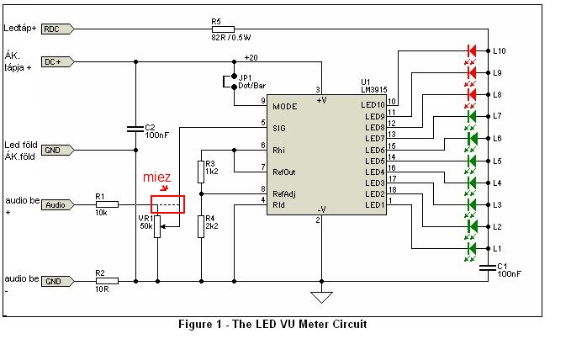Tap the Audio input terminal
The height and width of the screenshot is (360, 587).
(56, 204)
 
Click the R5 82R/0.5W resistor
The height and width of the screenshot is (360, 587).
(216, 29)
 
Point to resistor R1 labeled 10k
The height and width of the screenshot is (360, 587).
(106, 204)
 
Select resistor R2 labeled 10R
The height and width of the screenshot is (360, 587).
(106, 281)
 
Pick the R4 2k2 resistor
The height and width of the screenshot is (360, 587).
(201, 225)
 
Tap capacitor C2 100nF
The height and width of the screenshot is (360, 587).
(135, 129)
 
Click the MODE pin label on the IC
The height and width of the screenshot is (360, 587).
(285, 107)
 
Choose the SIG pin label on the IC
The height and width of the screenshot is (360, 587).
(279, 128)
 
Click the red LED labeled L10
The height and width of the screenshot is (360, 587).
(472, 50)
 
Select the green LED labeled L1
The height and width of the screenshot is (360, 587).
(472, 249)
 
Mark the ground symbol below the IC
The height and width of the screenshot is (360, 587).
(320, 296)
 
